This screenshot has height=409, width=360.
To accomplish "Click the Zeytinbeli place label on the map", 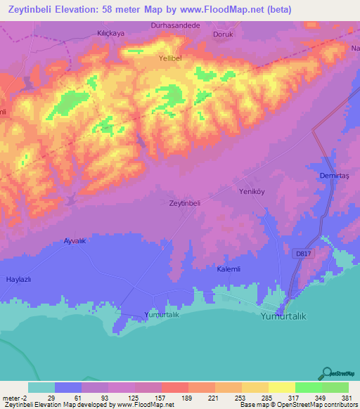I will tap(186, 203).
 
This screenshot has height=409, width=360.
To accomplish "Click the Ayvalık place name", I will tap(75, 240).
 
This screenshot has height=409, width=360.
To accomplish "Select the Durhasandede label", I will tap(176, 25).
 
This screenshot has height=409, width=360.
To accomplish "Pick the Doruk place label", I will tap(222, 33).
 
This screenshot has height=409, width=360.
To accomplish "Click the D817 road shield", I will tap(303, 252).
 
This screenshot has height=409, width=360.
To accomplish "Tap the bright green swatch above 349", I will tap(308, 387).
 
